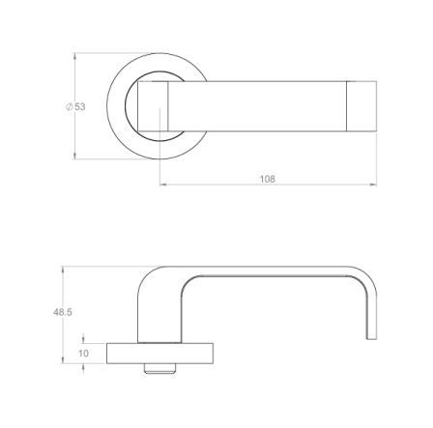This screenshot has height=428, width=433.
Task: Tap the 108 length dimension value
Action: pos(268,179)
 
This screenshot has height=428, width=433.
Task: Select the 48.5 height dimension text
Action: pos(63,312)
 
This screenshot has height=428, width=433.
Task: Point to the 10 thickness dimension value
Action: pos(83,354)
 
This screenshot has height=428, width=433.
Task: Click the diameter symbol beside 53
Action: pos(70,107)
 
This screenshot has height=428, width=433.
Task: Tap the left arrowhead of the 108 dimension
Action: pos(163,185)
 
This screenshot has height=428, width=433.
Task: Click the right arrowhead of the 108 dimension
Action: pos(373,185)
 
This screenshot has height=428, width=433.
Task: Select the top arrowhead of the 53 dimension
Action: pos(75,57)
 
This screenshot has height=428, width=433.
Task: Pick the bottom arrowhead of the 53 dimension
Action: pos(75,156)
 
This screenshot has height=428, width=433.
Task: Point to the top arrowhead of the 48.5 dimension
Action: pos(63,271)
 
